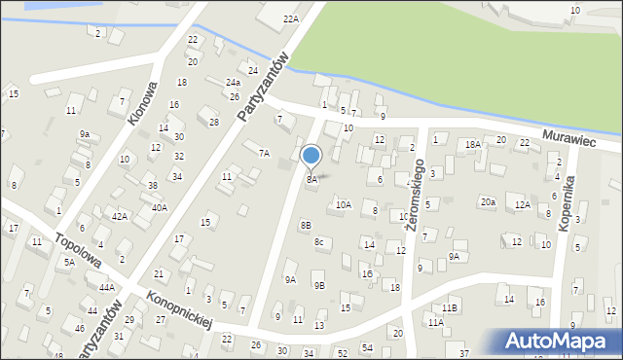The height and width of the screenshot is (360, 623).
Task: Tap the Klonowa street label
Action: point(142,103)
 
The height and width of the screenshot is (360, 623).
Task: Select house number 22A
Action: point(291,18)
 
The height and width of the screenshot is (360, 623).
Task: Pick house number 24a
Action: point(233,83)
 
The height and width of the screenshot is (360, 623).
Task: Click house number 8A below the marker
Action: point(311,180)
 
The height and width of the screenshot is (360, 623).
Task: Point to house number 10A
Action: point(343,205)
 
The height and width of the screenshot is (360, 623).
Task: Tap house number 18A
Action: point(473,144)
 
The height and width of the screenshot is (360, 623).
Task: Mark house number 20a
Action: point(487,202)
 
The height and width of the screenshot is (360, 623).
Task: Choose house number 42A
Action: point(119,217)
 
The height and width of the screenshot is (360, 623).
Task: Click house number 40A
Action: point(159,207)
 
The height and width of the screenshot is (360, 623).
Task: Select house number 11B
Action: point(449,307)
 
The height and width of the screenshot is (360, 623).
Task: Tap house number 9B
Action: point(318,285)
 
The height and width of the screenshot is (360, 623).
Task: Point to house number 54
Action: point(367,347)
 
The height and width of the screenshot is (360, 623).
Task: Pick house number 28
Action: point(214,122)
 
